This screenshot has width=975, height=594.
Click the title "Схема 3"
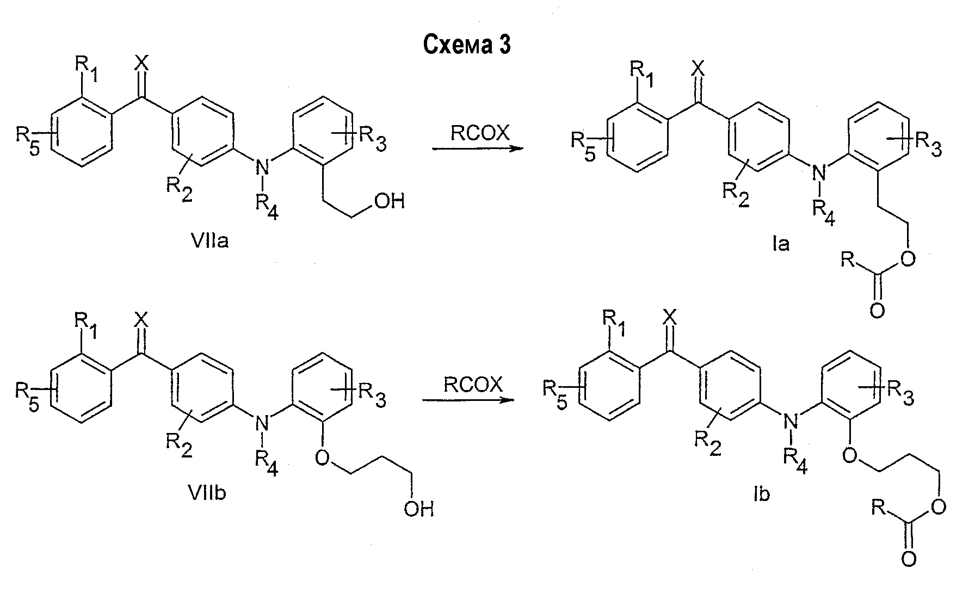467,46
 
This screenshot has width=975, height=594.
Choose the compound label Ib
764,495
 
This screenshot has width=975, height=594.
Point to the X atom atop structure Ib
671,316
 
